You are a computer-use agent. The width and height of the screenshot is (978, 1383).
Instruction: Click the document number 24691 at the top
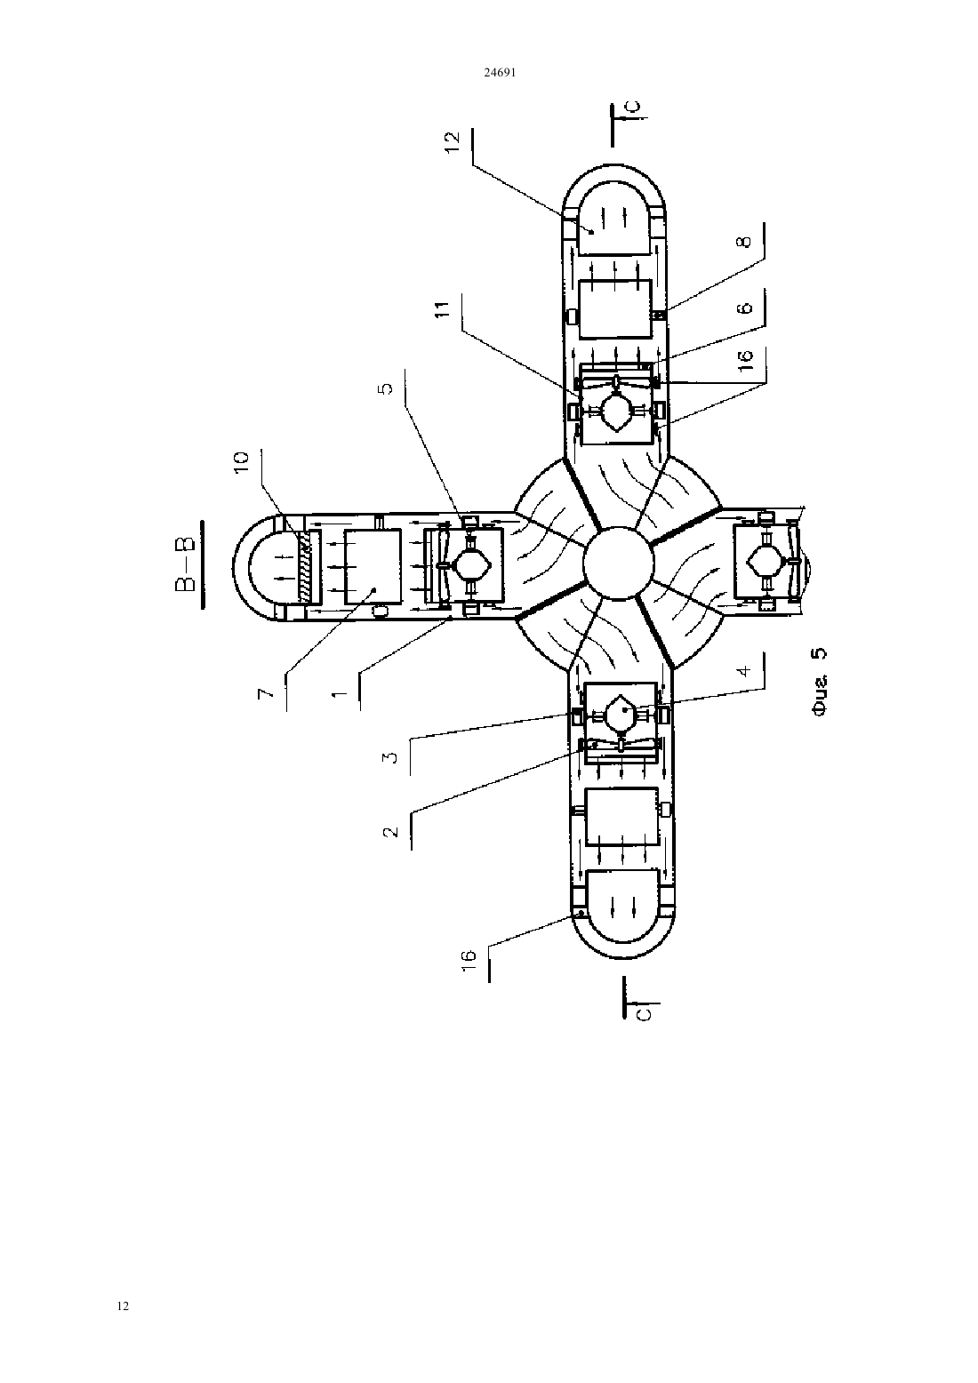(x=500, y=72)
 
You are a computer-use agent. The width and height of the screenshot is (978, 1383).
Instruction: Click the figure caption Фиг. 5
(x=820, y=681)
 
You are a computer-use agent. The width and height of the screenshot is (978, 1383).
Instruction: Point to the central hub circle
(x=618, y=564)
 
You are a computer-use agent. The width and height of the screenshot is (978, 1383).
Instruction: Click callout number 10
(x=242, y=462)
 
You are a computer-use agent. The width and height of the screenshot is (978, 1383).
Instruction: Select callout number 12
(x=452, y=142)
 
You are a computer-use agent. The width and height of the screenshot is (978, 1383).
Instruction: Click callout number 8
(x=745, y=242)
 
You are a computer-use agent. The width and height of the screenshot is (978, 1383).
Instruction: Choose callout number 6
(x=746, y=307)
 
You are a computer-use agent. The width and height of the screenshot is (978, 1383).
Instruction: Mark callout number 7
(x=265, y=693)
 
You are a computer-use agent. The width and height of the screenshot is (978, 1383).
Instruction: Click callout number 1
(x=339, y=694)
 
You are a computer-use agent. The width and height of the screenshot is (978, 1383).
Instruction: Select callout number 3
(x=391, y=757)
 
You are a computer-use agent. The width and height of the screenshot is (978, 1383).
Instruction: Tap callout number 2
(x=391, y=831)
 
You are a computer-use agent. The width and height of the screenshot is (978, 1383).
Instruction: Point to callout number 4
(x=745, y=670)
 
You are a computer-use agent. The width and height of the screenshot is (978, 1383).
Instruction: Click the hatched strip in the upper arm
(x=306, y=566)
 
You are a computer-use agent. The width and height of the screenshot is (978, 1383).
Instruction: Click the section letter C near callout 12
(x=637, y=107)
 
